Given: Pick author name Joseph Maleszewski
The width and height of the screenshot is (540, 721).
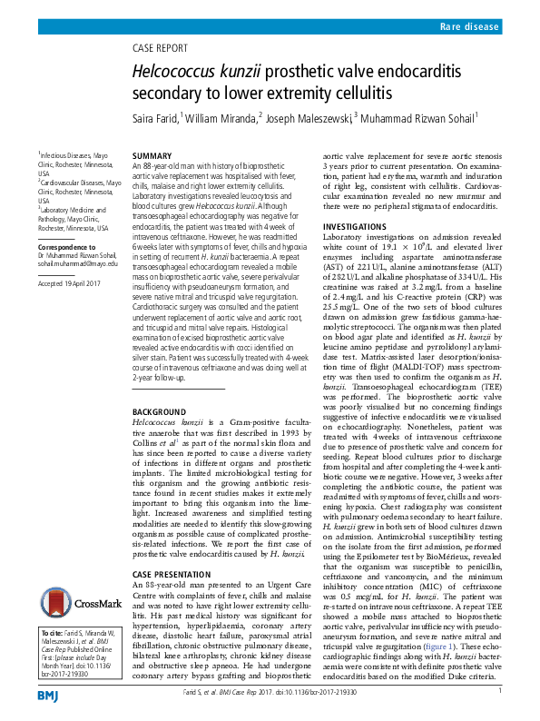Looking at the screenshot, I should click(x=308, y=118).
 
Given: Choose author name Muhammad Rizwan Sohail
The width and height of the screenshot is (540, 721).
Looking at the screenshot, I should click(x=418, y=118).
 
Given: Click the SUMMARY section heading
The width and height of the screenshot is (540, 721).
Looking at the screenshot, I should click(x=152, y=156).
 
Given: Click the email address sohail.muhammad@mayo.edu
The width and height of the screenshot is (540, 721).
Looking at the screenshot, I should click(x=77, y=263).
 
